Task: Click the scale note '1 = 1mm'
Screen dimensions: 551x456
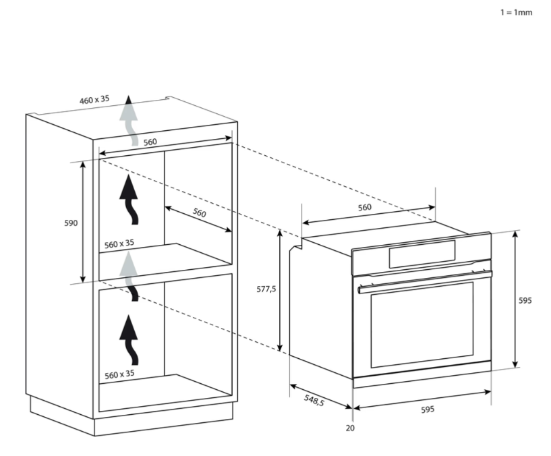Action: pos(516,13)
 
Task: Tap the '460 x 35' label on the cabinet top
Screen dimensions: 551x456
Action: pos(94,100)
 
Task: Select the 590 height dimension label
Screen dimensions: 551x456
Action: pos(71,223)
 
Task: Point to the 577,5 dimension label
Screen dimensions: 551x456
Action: pos(266,289)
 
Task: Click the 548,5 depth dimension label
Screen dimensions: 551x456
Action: pos(314,400)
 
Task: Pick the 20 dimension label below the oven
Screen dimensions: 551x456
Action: pos(350,428)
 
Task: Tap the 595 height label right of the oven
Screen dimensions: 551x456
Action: pos(525,301)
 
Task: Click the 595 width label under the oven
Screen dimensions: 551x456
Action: pos(428,409)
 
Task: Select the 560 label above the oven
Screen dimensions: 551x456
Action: pos(364,208)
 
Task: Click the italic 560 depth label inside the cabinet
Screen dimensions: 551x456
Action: pos(199,212)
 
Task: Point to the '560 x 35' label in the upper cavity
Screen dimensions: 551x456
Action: pos(119,244)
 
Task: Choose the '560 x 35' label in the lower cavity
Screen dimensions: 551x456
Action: pos(119,374)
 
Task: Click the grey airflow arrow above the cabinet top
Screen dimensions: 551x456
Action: pos(129,120)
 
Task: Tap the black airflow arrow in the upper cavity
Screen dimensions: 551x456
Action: pos(129,200)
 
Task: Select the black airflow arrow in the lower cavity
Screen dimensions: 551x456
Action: pos(129,340)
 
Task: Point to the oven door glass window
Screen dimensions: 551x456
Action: pos(422,324)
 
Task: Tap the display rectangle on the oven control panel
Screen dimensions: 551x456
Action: pos(422,254)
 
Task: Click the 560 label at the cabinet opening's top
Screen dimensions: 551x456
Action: pos(150,142)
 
